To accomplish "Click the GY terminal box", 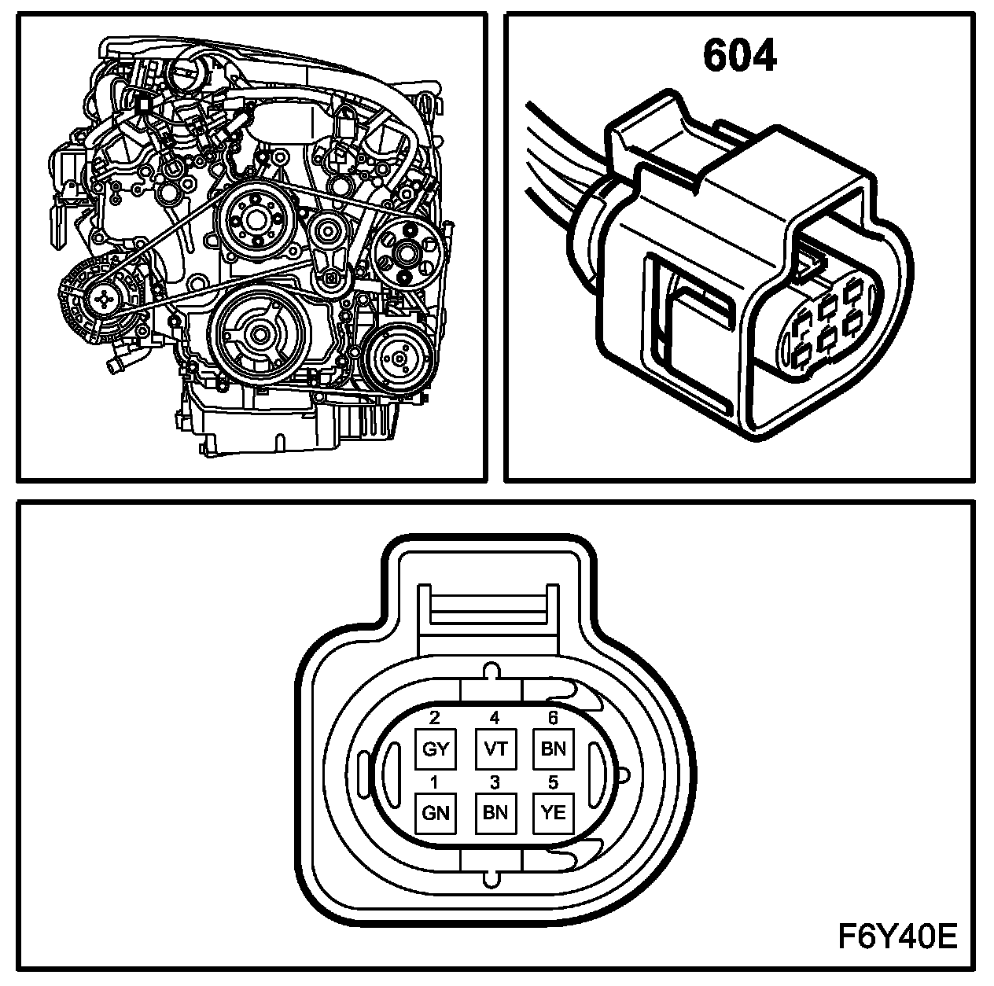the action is pyautogui.click(x=435, y=749).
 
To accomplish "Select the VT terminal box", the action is pyautogui.click(x=495, y=749).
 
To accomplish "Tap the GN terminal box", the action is pyautogui.click(x=435, y=813).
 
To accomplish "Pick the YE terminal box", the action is pyautogui.click(x=554, y=813).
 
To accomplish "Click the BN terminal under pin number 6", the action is pyautogui.click(x=554, y=749).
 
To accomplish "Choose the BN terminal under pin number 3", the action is pyautogui.click(x=495, y=813).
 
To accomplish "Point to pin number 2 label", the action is pyautogui.click(x=435, y=717).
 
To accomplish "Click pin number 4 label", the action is pyautogui.click(x=495, y=717).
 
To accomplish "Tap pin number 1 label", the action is pyautogui.click(x=435, y=782).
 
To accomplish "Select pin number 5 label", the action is pyautogui.click(x=554, y=782).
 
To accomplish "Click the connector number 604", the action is pyautogui.click(x=739, y=57).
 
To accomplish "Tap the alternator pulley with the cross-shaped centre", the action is pyautogui.click(x=104, y=297).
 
